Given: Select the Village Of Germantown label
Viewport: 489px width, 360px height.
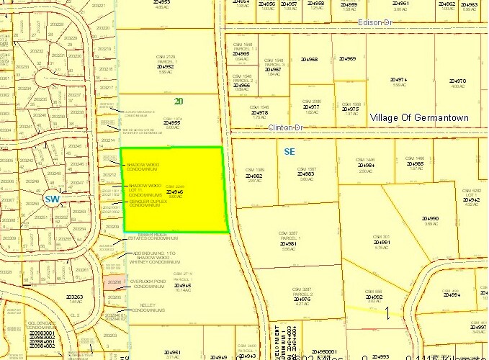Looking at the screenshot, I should click(x=418, y=117).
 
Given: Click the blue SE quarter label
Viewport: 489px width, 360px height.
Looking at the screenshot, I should click(x=290, y=152).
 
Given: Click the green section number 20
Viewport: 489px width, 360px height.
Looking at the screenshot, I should click(x=178, y=102).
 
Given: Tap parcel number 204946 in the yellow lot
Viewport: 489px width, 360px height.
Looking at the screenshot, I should click(x=175, y=192).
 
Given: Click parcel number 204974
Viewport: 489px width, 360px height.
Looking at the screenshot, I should click(x=399, y=80).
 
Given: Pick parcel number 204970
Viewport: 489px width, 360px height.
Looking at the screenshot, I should click(x=458, y=81).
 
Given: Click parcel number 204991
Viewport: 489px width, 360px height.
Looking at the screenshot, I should click(x=382, y=243).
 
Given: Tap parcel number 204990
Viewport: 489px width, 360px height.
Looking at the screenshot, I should click(x=431, y=219).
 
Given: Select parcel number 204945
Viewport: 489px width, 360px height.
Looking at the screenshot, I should click(x=183, y=285).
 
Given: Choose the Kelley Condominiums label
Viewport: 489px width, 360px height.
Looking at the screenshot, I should click(x=148, y=308).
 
